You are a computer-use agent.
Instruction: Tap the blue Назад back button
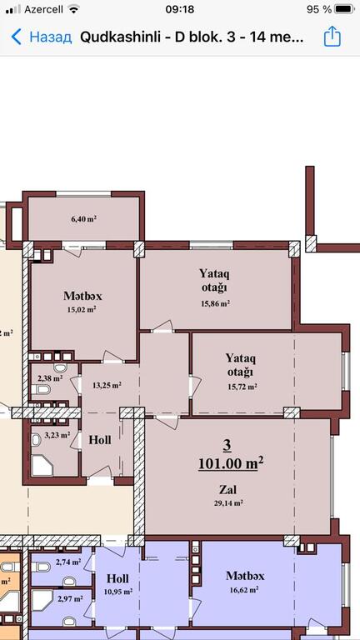[41, 37]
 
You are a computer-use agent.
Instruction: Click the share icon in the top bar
[332, 37]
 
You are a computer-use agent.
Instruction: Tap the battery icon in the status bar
[344, 9]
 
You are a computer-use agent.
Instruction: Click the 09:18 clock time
[180, 9]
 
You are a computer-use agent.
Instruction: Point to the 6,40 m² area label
[83, 219]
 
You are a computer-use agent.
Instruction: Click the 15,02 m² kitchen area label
[82, 309]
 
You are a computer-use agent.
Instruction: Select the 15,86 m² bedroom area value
[215, 303]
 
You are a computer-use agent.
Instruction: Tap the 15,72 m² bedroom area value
[242, 386]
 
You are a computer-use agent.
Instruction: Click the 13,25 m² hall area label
[107, 384]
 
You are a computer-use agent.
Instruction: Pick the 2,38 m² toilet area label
[50, 378]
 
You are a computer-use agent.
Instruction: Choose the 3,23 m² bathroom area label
[57, 435]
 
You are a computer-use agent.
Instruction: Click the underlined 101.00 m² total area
[231, 463]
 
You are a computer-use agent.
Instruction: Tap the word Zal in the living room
[227, 489]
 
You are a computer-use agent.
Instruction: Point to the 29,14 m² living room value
[228, 502]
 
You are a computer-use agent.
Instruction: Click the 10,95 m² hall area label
[117, 591]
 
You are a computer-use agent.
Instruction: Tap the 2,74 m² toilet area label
[68, 562]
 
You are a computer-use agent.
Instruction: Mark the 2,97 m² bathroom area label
[70, 599]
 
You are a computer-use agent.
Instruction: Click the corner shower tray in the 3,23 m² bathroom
[42, 467]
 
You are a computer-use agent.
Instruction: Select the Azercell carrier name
[43, 9]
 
